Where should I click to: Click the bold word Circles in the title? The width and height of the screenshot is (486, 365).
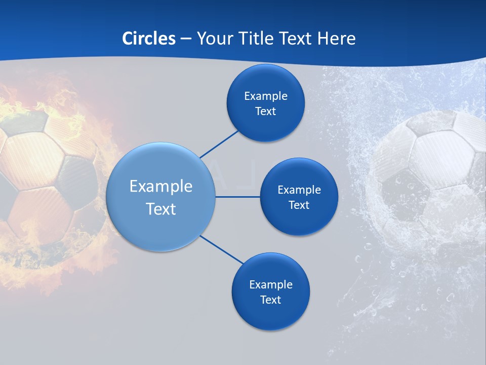tap(149, 39)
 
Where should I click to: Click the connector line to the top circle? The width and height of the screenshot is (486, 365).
tap(219, 143)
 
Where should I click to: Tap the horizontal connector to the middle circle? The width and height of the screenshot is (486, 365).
tap(238, 197)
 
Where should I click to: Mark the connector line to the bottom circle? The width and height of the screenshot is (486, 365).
tap(222, 250)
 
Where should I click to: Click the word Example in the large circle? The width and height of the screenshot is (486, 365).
tap(161, 186)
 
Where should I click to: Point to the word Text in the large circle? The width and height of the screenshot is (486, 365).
tap(161, 209)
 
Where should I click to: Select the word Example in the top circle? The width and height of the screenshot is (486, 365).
tap(266, 96)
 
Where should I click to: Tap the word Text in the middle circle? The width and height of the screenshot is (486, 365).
tap(299, 205)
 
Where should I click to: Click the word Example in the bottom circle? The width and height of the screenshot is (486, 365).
tap(270, 284)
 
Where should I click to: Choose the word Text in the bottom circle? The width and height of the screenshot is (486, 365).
tap(270, 300)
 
